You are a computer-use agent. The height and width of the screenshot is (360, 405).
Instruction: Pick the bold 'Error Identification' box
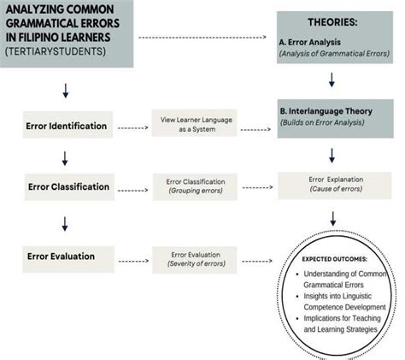click(66, 127)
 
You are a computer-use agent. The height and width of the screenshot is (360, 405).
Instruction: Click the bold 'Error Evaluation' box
click(66, 256)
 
